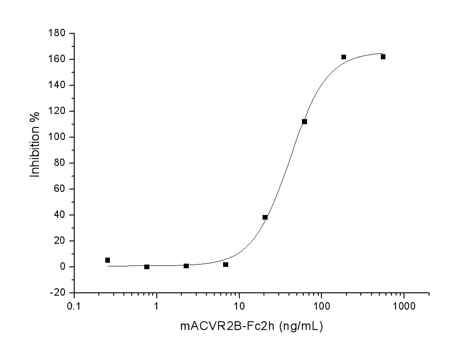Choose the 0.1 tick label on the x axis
(x=74, y=306)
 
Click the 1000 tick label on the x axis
(x=404, y=306)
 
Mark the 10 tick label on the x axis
(x=239, y=306)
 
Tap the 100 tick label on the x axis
(x=321, y=306)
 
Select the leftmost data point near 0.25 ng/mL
(x=108, y=260)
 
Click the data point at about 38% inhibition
(x=265, y=217)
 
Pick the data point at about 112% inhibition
(x=305, y=121)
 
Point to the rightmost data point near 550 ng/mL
(x=383, y=57)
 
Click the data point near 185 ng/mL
(x=344, y=57)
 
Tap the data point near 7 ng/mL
(x=226, y=265)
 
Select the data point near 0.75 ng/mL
(x=147, y=267)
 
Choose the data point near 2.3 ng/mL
(x=186, y=266)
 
